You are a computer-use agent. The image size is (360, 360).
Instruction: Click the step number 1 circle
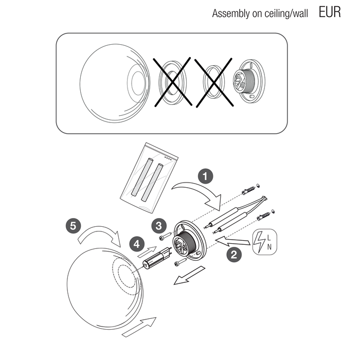pos(206,176)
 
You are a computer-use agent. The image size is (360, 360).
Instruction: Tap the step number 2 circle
pos(234,255)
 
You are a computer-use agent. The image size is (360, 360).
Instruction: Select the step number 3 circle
pos(159,225)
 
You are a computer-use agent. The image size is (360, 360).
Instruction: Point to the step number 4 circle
pos(137,244)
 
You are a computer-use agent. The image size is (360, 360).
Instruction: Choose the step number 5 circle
pos(73,225)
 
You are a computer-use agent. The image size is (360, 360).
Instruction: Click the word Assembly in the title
pos(231,13)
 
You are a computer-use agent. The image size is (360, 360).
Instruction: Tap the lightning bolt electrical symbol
pos(259,242)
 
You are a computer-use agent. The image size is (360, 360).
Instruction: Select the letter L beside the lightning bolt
pos(269,238)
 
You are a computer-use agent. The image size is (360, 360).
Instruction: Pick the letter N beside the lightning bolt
pos(269,247)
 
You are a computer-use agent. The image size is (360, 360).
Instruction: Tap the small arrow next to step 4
pos(147,251)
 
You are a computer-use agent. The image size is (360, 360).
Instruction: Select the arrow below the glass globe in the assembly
pos(139,327)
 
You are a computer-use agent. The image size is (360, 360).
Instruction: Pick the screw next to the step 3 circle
pos(165,236)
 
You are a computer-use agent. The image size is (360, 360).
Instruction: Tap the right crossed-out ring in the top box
pos(214,82)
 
